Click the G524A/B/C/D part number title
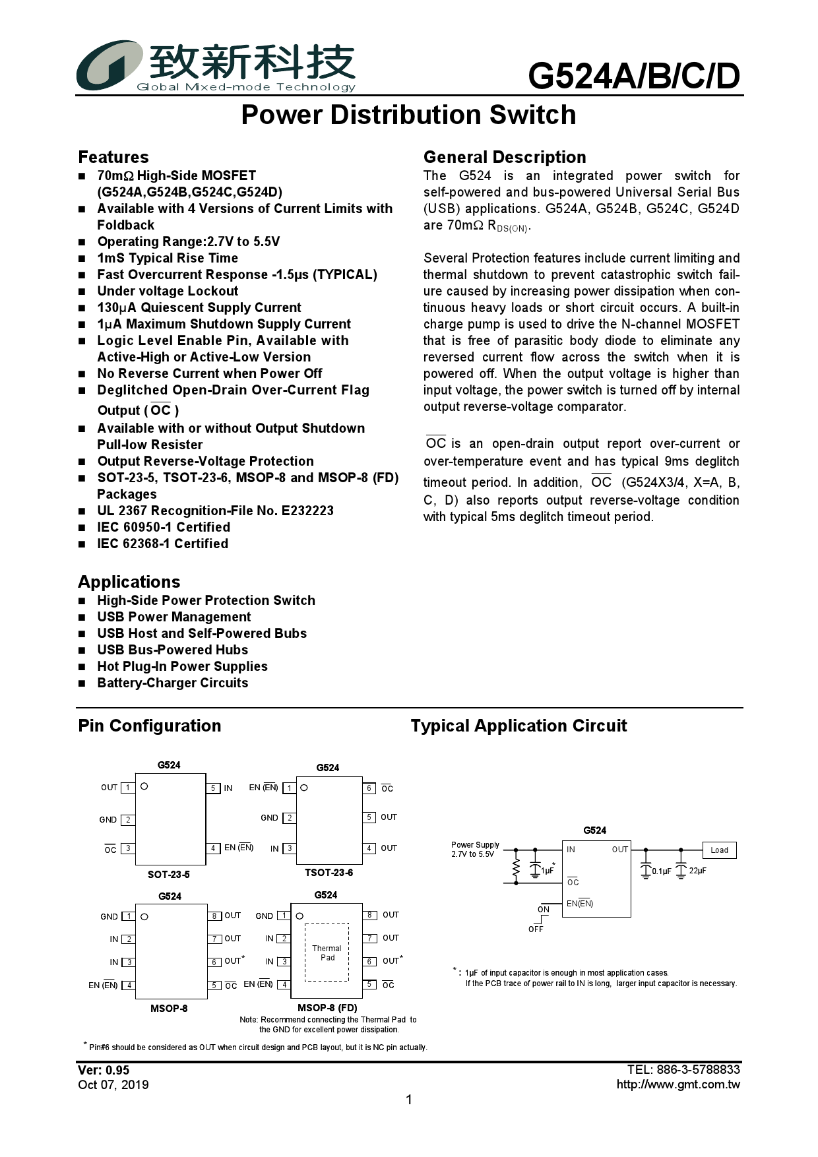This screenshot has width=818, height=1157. point(634,77)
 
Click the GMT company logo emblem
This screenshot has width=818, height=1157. point(109,65)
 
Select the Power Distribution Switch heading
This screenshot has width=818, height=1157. point(408,115)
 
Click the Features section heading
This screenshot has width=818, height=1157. point(113,157)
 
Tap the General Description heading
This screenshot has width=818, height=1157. point(505,157)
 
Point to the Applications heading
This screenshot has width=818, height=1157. point(129,582)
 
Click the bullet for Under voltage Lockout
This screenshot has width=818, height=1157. point(82,292)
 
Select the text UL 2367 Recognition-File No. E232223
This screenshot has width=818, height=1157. point(215,511)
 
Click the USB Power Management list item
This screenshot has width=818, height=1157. point(174,617)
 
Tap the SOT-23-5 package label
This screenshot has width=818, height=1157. point(169,875)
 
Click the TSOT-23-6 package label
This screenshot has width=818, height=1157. point(329,873)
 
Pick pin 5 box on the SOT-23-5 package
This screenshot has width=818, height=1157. point(213,788)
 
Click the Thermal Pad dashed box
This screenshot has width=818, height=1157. point(327,952)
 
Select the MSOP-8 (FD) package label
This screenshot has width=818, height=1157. point(327,1008)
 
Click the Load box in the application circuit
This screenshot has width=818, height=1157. point(719,850)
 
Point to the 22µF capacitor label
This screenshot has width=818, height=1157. point(697,871)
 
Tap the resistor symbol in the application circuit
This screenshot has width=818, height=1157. point(516,869)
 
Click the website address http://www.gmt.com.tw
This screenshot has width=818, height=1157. point(678,1084)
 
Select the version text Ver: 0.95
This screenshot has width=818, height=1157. point(104,1070)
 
